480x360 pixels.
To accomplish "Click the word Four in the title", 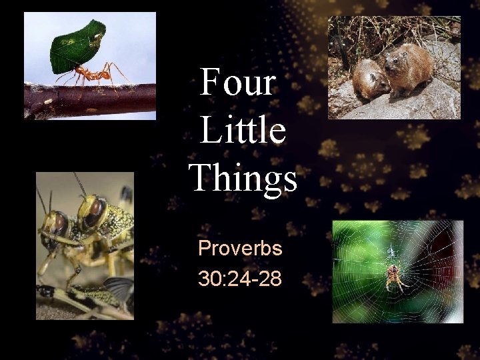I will [237, 83].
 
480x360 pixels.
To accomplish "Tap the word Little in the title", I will [243, 130].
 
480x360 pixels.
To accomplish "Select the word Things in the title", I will [243, 178].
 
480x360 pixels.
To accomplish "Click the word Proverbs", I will [240, 249].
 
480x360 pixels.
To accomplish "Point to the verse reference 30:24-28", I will [240, 278].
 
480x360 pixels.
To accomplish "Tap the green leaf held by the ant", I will [78, 47].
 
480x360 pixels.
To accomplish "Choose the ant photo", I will [89, 66].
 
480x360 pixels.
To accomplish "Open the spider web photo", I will [397, 271].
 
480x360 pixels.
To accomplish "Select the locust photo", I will [85, 245].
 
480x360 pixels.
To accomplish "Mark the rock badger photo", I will [393, 67].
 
